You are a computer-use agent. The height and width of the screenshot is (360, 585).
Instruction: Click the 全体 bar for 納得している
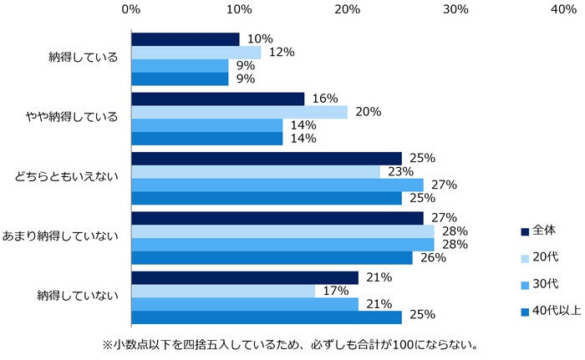(185, 39)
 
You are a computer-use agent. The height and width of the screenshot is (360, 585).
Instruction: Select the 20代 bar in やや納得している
(239, 112)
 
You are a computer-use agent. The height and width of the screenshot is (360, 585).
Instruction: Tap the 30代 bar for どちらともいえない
(277, 185)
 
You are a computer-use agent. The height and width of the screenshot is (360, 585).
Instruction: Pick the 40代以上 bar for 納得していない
(266, 317)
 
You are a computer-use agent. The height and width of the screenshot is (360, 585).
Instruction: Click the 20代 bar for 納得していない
(222, 291)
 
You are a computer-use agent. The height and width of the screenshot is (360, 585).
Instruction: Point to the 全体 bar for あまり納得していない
(277, 218)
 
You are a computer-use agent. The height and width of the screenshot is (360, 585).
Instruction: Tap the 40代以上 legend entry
(547, 312)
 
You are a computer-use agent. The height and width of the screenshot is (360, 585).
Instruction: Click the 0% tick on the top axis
(130, 9)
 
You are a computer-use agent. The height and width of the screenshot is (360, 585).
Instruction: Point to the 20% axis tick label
(348, 9)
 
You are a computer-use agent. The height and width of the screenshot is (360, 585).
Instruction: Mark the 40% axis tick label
(564, 9)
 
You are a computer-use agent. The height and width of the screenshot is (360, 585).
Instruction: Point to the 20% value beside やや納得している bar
(369, 112)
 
